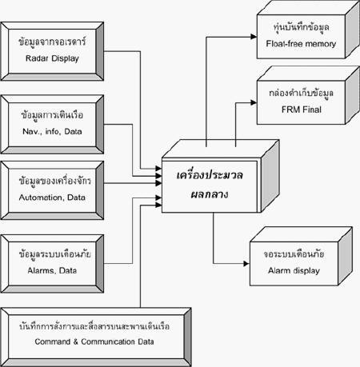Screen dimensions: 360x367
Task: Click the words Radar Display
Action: (x=52, y=58)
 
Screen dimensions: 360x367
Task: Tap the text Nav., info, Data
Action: (x=52, y=131)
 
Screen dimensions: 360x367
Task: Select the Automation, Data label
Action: (x=52, y=197)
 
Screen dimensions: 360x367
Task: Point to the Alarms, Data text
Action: (x=52, y=270)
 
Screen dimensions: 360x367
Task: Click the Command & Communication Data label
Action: (x=94, y=341)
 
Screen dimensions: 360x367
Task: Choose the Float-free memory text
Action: (x=301, y=44)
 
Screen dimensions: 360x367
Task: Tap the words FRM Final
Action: (x=302, y=110)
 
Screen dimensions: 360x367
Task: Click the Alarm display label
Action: (x=294, y=271)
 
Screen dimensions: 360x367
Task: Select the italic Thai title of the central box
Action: (x=210, y=185)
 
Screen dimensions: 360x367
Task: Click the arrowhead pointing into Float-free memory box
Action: (x=254, y=37)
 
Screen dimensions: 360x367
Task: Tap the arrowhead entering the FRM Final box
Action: (x=254, y=102)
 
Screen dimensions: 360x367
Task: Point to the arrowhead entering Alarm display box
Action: (x=246, y=264)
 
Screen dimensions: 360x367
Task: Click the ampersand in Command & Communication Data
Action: (x=75, y=341)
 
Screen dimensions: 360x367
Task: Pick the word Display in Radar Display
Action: (x=66, y=58)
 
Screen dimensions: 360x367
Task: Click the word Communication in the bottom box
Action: (x=108, y=341)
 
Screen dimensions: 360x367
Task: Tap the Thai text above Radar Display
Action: (x=52, y=42)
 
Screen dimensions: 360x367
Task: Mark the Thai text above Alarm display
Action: (x=294, y=253)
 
